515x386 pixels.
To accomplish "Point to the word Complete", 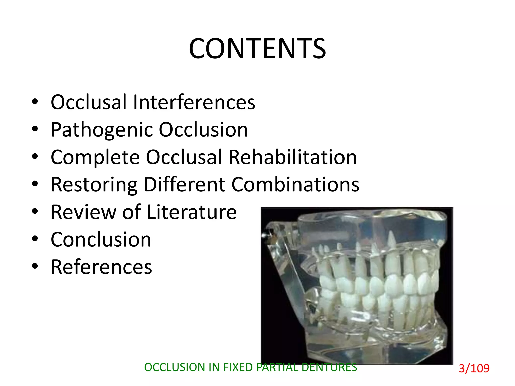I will coord(95,158).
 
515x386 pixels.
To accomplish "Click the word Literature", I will coord(191,212).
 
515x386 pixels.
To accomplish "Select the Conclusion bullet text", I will coord(101,239).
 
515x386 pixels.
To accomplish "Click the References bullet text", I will coord(101,267).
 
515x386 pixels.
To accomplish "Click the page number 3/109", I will coord(474,368).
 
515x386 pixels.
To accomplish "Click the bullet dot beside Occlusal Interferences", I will coord(35,102).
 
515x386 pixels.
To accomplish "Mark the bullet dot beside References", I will coord(35,266).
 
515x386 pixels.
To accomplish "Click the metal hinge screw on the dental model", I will coord(264,235).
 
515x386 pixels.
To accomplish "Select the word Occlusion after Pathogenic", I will coord(203,130).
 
